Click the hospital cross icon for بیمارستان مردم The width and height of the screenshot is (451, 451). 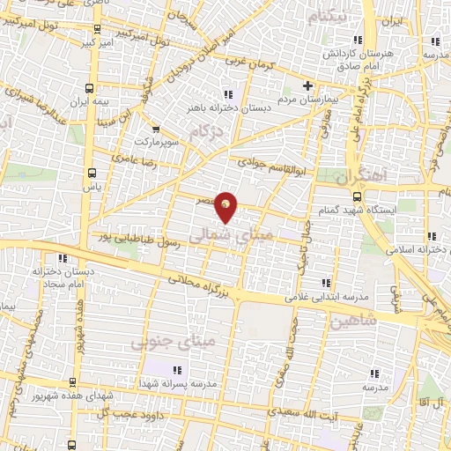click(x=307, y=85)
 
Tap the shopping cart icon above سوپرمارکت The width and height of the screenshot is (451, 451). click(x=156, y=128)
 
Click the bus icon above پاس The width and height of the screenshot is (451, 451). click(x=91, y=174)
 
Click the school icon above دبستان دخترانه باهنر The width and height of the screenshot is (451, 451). click(x=229, y=93)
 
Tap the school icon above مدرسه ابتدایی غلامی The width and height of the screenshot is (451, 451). click(x=326, y=283)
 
